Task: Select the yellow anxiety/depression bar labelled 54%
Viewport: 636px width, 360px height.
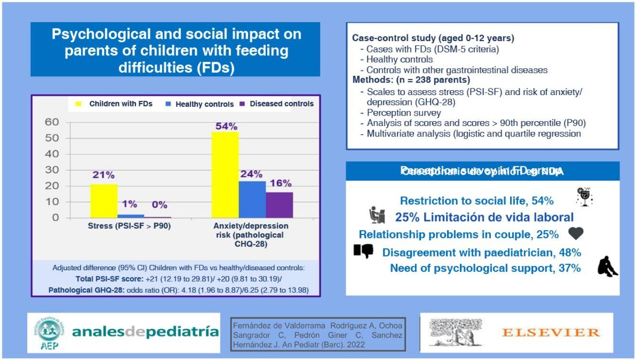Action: [x=225, y=175]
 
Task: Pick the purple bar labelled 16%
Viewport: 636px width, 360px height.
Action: [x=279, y=205]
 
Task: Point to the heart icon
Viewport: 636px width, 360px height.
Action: [x=576, y=233]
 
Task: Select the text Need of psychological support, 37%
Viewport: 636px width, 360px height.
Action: [x=485, y=268]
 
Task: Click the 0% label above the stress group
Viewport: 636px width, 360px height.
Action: [x=159, y=205]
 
